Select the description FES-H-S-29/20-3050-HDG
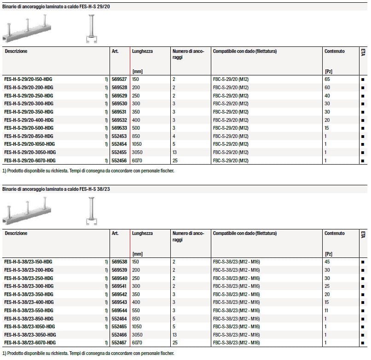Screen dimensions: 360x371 (30, 152)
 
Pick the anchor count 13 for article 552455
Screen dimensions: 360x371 (174, 152)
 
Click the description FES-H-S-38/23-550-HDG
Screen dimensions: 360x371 (29, 310)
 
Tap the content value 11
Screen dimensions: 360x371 (326, 310)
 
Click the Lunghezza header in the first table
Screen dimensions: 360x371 (142, 51)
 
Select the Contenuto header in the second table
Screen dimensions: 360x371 (334, 234)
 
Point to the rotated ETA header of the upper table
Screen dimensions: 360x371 (363, 53)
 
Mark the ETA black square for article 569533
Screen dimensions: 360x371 (363, 128)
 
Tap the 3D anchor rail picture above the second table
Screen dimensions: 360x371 (26, 211)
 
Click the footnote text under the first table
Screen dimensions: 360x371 (88, 171)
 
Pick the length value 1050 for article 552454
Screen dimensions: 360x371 (138, 144)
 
